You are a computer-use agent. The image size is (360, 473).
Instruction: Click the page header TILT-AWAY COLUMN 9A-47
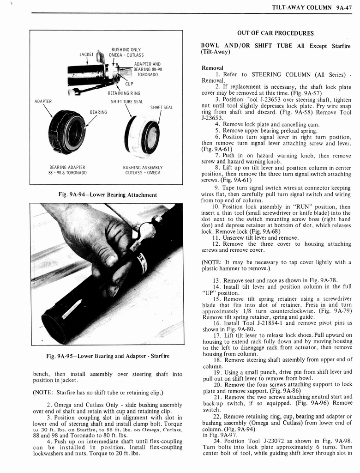[x=312, y=7]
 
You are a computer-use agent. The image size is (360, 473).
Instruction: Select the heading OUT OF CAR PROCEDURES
[x=275, y=33]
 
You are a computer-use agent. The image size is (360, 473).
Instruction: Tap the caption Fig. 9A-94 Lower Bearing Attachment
[x=107, y=195]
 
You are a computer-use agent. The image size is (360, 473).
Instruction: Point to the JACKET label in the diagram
[x=86, y=55]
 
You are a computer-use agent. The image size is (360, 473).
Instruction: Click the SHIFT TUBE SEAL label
[x=125, y=102]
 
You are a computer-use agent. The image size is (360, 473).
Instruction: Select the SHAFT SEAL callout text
[x=161, y=107]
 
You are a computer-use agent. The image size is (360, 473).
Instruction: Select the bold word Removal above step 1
[x=212, y=68]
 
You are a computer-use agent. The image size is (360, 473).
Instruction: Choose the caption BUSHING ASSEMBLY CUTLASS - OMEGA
[x=144, y=170]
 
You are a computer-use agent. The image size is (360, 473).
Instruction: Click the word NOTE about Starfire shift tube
[x=44, y=393]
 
